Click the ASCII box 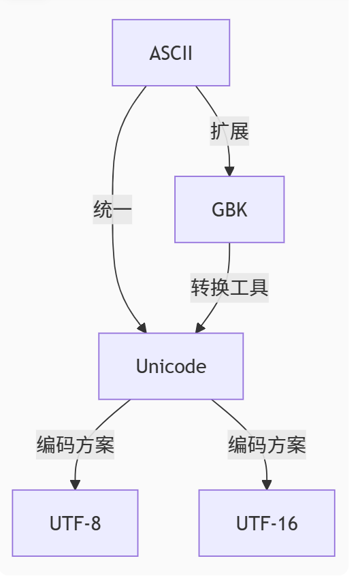(171, 53)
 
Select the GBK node (229, 210)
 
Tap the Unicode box (171, 366)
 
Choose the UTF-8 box (75, 523)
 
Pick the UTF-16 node (267, 523)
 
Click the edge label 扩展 (229, 131)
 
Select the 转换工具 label (229, 288)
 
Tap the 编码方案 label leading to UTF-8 (75, 445)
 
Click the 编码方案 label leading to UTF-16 (267, 445)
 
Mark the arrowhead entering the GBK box (229, 171)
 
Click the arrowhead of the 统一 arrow (142, 327)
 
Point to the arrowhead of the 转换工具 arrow (199, 327)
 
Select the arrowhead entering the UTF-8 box (75, 484)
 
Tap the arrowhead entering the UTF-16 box (267, 484)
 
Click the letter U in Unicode (142, 366)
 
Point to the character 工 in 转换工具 (239, 288)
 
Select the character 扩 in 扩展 (220, 131)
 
